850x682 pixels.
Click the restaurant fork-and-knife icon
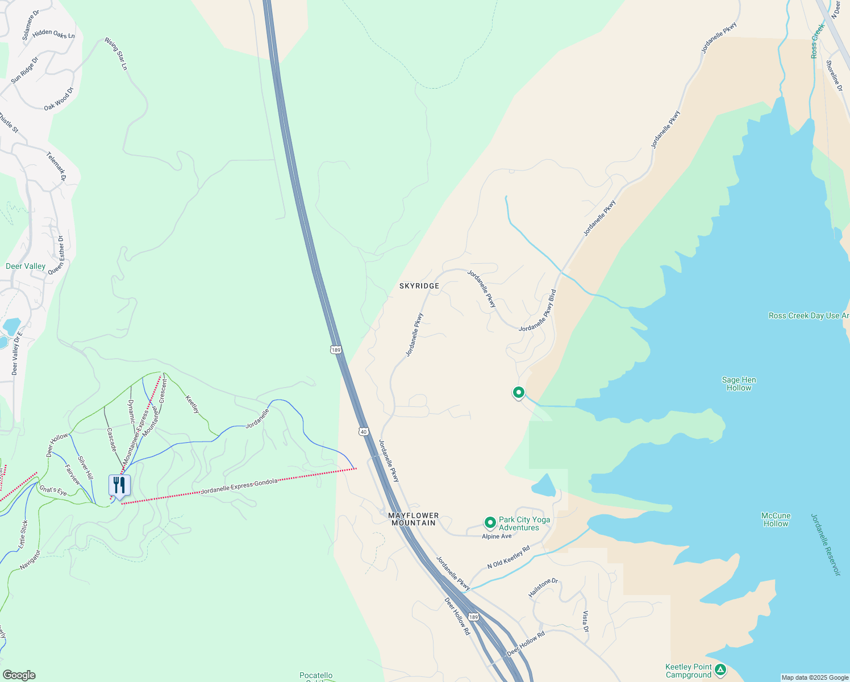(x=119, y=485)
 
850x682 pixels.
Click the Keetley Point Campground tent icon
(x=720, y=670)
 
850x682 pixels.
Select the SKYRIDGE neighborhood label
(x=419, y=286)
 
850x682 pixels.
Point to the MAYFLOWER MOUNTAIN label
(x=414, y=519)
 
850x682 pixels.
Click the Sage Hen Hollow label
(x=739, y=384)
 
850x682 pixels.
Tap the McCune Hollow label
(x=776, y=519)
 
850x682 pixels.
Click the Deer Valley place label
(x=26, y=266)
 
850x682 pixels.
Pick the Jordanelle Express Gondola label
(x=239, y=486)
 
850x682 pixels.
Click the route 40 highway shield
(x=364, y=432)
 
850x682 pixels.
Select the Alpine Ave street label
(x=497, y=537)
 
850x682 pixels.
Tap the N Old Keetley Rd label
(x=509, y=557)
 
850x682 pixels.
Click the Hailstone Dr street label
(x=543, y=588)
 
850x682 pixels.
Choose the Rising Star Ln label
(x=116, y=54)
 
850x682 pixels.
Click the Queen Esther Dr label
(x=56, y=255)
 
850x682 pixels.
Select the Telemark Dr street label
(x=56, y=167)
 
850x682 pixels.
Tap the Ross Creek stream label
(x=818, y=41)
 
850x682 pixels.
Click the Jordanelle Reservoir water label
(x=825, y=544)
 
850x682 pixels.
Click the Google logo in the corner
(x=19, y=675)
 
